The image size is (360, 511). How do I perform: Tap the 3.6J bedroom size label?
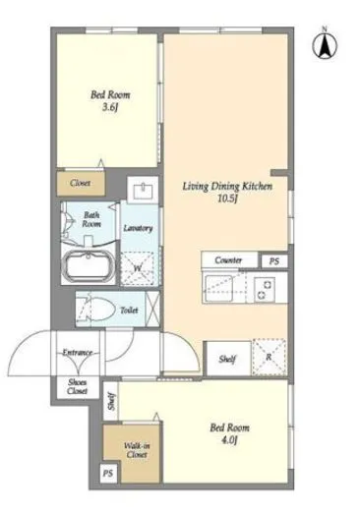click(x=110, y=107)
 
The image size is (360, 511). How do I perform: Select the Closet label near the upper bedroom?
click(x=81, y=183)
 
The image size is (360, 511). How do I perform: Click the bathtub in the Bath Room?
click(x=88, y=266)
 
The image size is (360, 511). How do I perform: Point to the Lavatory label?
click(x=138, y=228)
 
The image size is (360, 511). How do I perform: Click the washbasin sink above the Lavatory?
click(x=143, y=190)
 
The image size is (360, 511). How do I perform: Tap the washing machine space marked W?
click(x=138, y=267)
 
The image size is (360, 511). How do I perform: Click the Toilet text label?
click(x=129, y=310)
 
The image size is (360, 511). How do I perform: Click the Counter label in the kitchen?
click(x=228, y=260)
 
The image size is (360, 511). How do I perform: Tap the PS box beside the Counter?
click(x=274, y=261)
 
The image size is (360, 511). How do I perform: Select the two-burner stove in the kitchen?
click(x=265, y=289)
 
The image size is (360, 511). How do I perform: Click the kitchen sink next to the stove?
click(x=218, y=288)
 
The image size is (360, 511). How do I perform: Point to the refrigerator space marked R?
click(x=269, y=357)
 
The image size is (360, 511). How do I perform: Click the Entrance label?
click(x=78, y=353)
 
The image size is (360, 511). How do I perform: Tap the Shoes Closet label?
click(x=78, y=386)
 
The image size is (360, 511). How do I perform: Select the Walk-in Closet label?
click(x=137, y=450)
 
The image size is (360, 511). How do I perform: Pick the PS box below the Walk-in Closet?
click(x=108, y=473)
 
